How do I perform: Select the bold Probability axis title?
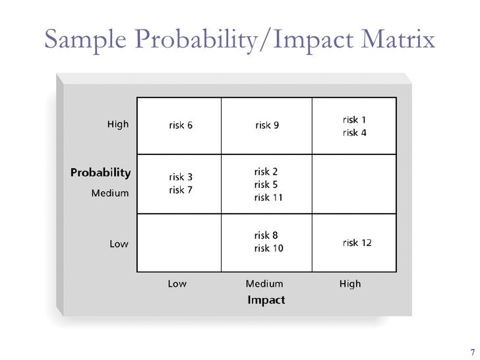tap(100, 173)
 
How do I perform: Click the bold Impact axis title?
tap(266, 300)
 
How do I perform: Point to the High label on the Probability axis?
tap(118, 124)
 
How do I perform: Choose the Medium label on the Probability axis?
tap(110, 194)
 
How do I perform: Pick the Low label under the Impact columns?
tap(177, 284)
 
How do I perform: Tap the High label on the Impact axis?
tap(350, 284)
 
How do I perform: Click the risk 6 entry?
tap(181, 126)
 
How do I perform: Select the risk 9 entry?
tap(267, 126)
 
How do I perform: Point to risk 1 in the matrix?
tap(354, 120)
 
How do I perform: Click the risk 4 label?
tap(354, 133)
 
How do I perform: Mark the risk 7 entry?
tap(181, 190)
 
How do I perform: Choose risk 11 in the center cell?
tap(268, 197)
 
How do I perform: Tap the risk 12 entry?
tap(357, 243)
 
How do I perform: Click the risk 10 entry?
tap(268, 248)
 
